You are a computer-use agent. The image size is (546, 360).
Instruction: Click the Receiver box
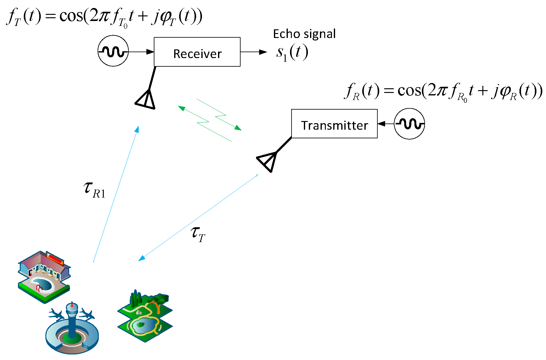pyautogui.click(x=197, y=52)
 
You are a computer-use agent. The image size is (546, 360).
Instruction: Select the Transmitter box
pyautogui.click(x=334, y=123)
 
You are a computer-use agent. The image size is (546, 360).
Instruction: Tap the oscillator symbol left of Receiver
pyautogui.click(x=113, y=51)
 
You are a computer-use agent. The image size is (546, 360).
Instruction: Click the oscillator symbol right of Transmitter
pyautogui.click(x=409, y=123)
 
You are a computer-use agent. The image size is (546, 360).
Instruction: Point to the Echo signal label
pyautogui.click(x=304, y=34)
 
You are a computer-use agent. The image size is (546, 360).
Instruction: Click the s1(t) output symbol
pyautogui.click(x=292, y=52)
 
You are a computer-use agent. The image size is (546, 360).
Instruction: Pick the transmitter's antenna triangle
pyautogui.click(x=267, y=161)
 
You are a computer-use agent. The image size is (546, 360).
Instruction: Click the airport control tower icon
pyautogui.click(x=72, y=329)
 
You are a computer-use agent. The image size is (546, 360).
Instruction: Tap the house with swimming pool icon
pyautogui.click(x=44, y=276)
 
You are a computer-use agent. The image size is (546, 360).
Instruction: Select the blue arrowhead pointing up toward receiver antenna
pyautogui.click(x=137, y=129)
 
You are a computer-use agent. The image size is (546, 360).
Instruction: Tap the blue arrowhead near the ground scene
pyautogui.click(x=142, y=258)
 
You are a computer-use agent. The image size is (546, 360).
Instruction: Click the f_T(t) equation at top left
pyautogui.click(x=104, y=17)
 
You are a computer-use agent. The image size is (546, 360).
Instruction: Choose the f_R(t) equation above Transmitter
pyautogui.click(x=443, y=92)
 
